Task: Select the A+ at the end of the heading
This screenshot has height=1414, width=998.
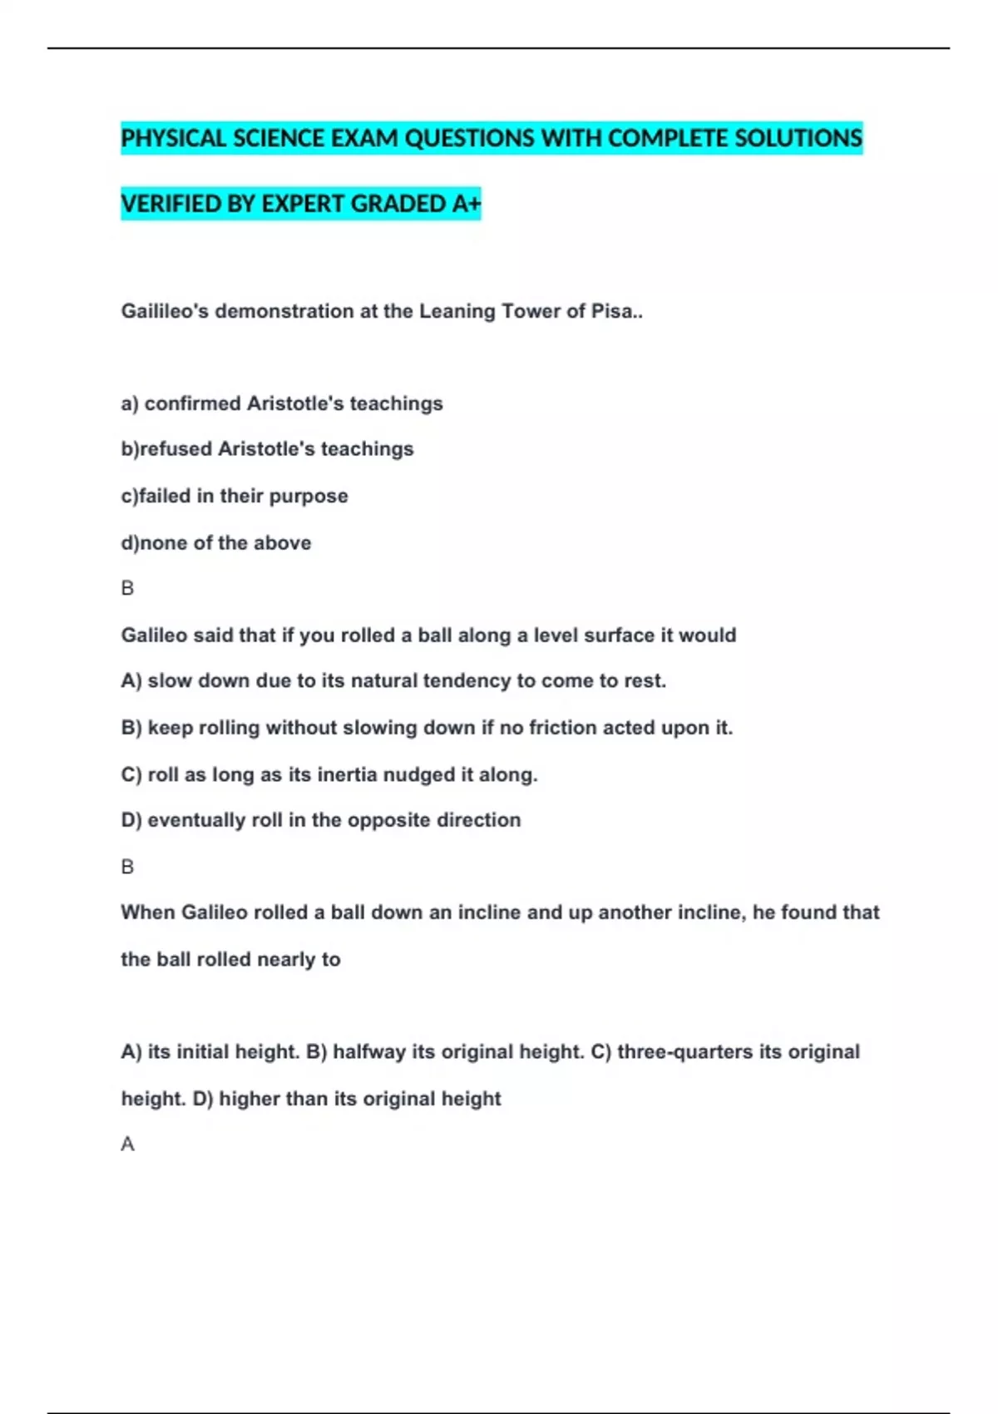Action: [466, 204]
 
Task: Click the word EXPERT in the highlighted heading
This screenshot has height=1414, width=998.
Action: [304, 204]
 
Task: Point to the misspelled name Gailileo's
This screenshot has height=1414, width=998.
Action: [165, 311]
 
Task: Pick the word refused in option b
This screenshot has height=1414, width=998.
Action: [175, 449]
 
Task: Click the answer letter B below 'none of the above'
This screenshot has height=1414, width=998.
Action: [127, 588]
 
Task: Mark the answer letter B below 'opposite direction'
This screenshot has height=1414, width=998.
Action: [127, 867]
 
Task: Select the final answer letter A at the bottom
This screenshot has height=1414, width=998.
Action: [127, 1145]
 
